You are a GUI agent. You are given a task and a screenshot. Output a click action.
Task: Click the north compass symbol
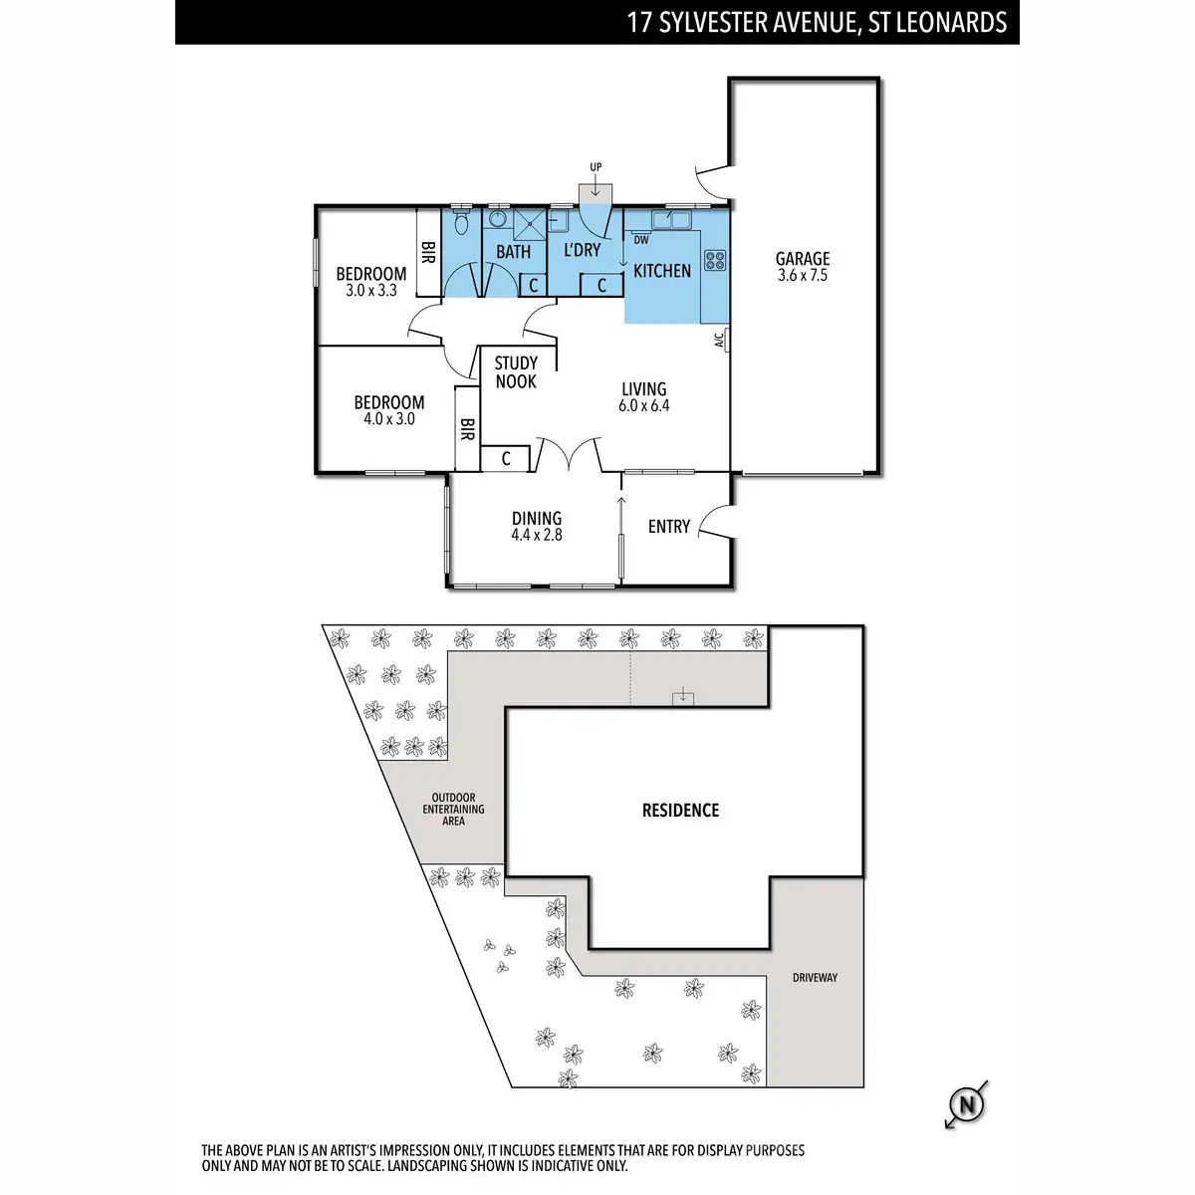965,1104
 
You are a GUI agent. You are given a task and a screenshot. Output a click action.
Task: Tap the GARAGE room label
803,259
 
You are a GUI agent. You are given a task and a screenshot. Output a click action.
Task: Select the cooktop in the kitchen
714,261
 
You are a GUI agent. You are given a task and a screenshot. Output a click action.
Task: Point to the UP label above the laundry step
596,167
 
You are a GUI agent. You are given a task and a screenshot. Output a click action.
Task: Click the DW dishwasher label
641,240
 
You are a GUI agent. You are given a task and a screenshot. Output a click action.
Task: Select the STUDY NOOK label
516,372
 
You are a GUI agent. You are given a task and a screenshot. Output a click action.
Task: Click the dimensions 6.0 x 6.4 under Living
644,406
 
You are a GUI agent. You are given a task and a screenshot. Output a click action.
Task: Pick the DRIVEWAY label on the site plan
815,978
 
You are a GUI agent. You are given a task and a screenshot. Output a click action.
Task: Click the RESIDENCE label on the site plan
680,811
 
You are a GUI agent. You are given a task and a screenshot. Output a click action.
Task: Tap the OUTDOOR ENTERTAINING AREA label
453,809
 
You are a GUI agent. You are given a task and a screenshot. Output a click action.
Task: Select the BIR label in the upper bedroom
428,253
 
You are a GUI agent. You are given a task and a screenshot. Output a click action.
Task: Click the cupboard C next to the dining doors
506,459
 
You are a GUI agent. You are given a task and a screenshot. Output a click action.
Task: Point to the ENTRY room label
669,527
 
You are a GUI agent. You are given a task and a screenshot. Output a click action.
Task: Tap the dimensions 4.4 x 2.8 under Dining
537,535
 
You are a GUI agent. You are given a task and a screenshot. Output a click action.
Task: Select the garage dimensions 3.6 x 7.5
803,276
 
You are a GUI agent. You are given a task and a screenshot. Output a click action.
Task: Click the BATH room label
514,252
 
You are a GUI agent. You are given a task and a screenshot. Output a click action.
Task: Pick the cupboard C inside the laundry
602,286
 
